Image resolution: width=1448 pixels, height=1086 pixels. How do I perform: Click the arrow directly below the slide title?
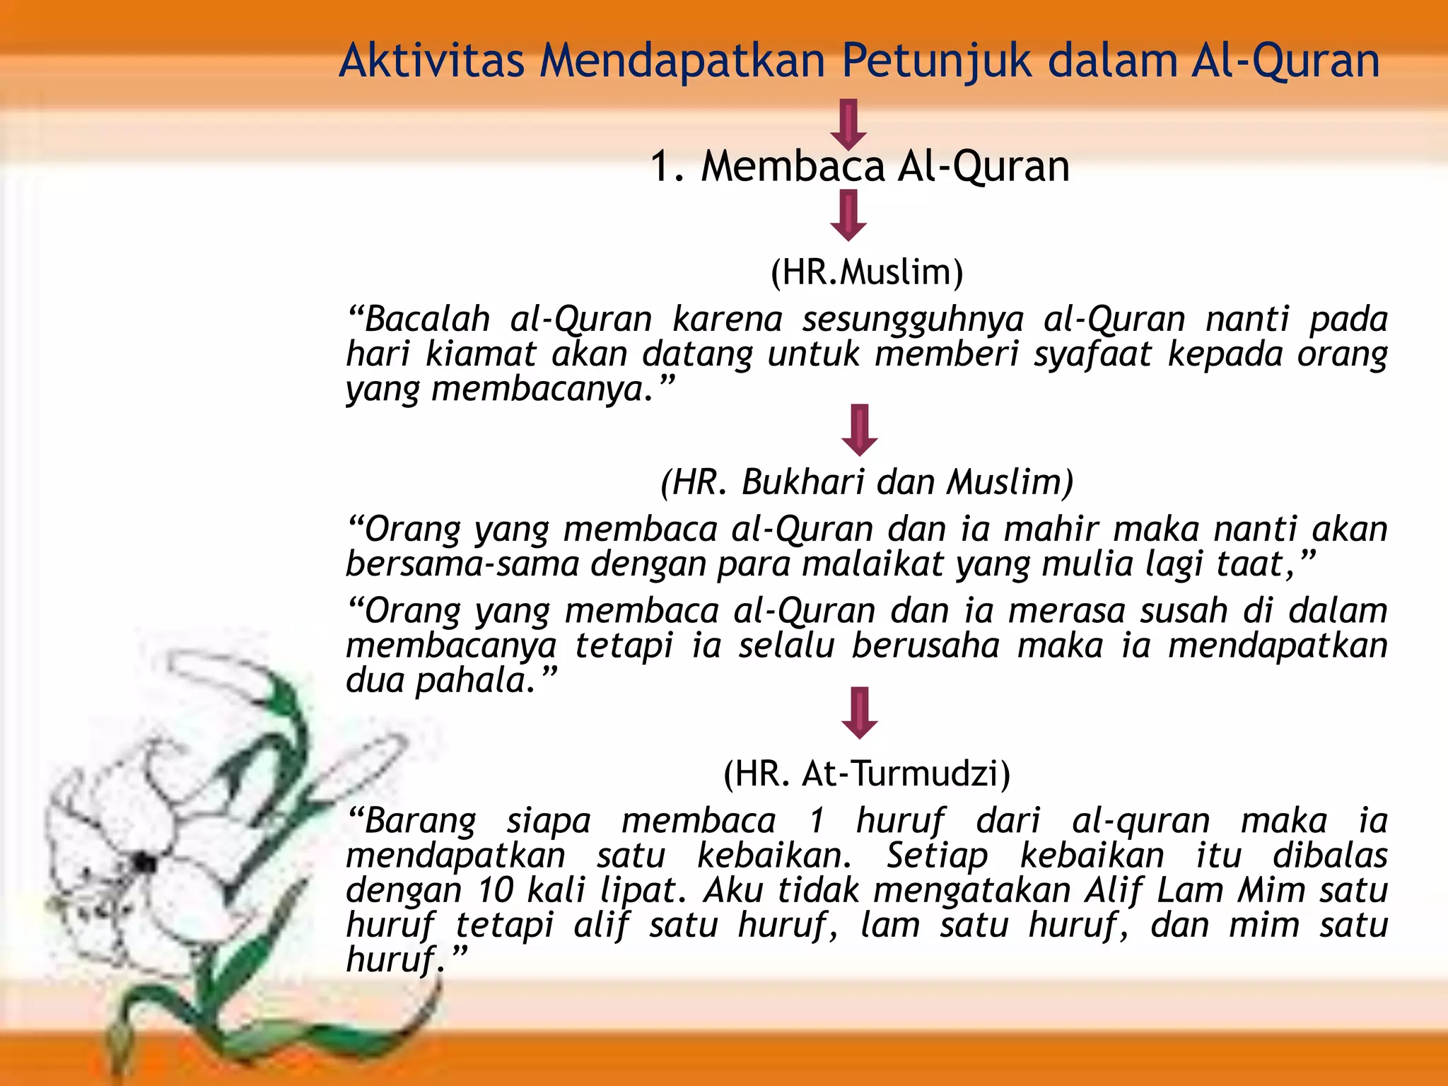[848, 124]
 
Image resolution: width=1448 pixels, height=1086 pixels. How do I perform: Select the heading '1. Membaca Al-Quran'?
[859, 167]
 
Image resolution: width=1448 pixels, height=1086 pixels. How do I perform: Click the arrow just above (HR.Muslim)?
[848, 216]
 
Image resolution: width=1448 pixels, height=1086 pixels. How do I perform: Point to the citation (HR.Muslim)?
[867, 272]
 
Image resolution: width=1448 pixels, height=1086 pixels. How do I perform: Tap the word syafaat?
[1092, 354]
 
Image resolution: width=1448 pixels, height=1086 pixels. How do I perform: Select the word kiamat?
[481, 354]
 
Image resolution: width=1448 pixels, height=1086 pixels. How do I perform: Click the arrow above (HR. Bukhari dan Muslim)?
[859, 430]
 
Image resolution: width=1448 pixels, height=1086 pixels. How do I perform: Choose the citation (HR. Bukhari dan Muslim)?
[867, 482]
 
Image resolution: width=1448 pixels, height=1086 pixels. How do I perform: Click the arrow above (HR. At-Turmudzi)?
[859, 713]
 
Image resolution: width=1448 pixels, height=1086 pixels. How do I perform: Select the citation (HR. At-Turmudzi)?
[867, 773]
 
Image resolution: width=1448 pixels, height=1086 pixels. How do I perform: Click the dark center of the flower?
[145, 863]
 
